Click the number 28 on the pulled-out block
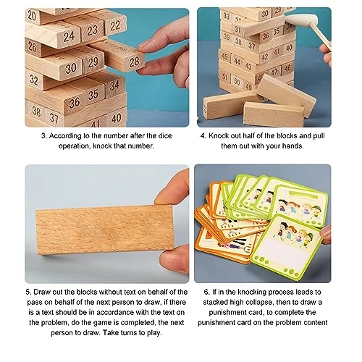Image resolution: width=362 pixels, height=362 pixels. [134, 62]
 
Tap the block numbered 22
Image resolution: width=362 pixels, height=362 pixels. [115, 25]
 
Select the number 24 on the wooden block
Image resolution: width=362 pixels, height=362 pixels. [69, 36]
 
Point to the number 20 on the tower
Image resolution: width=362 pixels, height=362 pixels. [32, 15]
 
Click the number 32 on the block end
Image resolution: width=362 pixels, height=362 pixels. [33, 80]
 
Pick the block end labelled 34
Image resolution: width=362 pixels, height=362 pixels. [114, 85]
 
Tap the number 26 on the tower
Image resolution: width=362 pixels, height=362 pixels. [32, 46]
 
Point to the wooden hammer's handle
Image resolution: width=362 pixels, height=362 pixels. [319, 35]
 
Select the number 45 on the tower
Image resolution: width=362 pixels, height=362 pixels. [224, 56]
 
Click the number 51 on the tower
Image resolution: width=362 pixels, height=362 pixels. [224, 77]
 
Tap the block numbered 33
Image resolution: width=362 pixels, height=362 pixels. [227, 16]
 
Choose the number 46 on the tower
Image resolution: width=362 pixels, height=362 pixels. [287, 68]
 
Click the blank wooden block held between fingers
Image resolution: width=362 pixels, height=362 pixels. [104, 230]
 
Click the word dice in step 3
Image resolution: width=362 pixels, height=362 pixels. [165, 135]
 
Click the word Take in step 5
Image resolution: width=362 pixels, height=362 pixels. [111, 332]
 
